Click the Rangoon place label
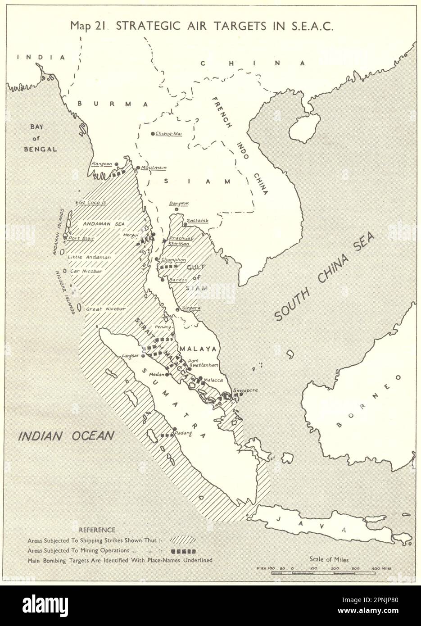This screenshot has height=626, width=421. coord(101,164)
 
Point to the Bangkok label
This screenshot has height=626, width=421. coord(178,204)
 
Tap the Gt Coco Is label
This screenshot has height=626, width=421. coord(92,203)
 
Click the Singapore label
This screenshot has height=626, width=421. coord(245,390)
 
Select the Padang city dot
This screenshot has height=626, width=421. coord(175,429)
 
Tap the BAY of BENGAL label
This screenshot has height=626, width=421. coord(43,138)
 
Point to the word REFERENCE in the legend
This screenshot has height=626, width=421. coord(97,530)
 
